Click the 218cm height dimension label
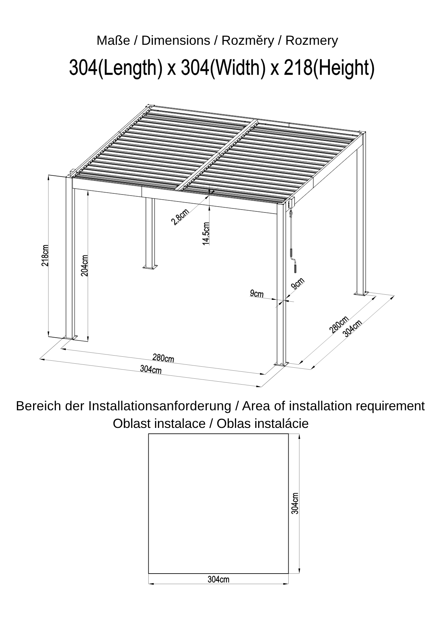(x=45, y=255)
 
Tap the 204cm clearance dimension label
(x=84, y=265)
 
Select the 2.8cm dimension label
(x=180, y=217)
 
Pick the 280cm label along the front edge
(x=163, y=358)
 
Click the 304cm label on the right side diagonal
(x=352, y=328)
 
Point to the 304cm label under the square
(x=219, y=579)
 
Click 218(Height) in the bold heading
(x=329, y=68)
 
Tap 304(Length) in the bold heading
(x=116, y=68)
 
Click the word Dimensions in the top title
(x=176, y=41)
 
